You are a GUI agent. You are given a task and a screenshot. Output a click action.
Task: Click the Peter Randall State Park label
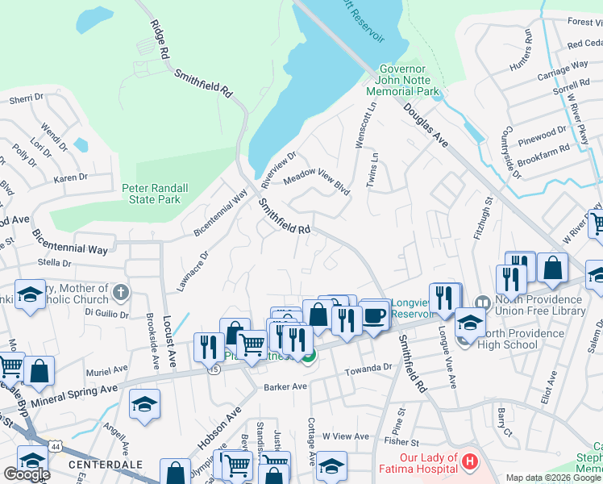(155, 194)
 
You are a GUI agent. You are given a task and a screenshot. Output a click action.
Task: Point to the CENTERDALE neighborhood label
(106, 465)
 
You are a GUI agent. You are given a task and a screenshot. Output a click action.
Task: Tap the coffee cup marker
(372, 316)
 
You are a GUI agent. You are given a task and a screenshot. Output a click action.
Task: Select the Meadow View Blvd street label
(315, 181)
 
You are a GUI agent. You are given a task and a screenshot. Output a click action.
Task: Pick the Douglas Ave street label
(426, 125)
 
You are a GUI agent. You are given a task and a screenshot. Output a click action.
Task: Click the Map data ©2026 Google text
(553, 478)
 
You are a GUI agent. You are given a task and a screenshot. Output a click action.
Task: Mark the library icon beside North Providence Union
(483, 303)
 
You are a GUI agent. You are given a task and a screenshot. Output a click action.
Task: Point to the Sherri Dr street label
(26, 98)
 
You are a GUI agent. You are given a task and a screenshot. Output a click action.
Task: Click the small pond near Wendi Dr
(81, 145)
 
